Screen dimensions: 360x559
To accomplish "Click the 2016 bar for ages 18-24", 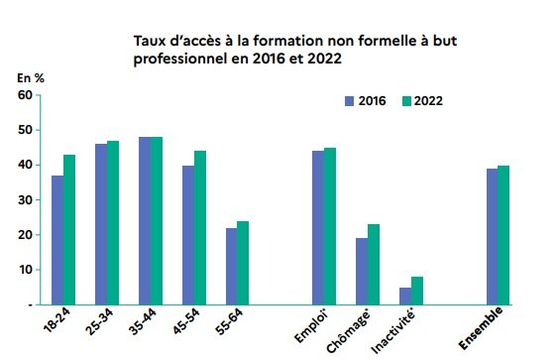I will click(57, 240).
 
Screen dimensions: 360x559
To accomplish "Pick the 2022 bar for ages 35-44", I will click(157, 220).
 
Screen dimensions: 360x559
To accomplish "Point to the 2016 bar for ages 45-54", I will click(188, 235).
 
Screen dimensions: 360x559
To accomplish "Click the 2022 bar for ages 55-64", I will click(244, 263).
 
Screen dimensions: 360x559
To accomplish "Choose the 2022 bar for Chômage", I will click(374, 265).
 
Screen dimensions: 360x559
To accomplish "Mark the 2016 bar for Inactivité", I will click(405, 296).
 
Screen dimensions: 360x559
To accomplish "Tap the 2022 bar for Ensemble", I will click(503, 235).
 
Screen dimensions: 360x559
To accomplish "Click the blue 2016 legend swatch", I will click(348, 101).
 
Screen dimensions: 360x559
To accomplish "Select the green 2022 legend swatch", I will click(406, 101).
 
